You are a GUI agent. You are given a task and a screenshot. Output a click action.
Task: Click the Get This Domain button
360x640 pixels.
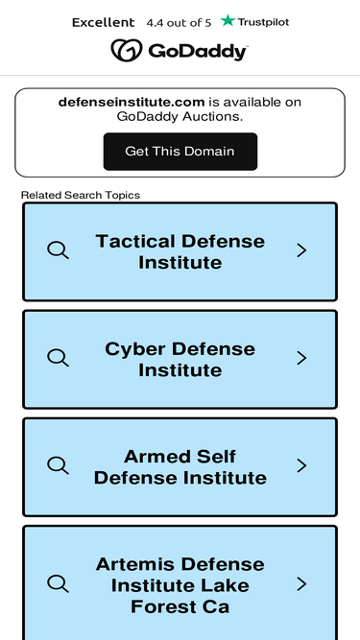pos(180,152)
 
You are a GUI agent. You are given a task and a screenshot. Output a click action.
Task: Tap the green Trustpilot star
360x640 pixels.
pos(228,20)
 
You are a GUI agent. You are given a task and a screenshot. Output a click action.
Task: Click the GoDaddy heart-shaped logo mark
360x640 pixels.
pos(127,50)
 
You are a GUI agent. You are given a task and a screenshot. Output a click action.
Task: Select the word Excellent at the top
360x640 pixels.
pos(104,22)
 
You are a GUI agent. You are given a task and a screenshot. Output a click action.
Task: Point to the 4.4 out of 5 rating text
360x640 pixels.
pos(179,23)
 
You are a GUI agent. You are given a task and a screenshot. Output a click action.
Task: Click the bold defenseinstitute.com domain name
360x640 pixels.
pos(132,102)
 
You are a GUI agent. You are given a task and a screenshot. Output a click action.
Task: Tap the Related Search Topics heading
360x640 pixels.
pos(81,195)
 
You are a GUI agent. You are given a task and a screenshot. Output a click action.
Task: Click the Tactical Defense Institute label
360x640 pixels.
pos(180,251)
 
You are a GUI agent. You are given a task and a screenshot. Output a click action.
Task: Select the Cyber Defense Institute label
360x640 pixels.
pos(180,359)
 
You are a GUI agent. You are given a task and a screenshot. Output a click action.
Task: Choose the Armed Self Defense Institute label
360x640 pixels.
pos(180,467)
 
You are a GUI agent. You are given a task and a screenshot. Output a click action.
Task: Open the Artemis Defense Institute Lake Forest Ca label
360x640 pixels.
pos(180,585)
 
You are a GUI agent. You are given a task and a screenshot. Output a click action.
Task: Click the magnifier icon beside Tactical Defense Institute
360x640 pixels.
pos(58,249)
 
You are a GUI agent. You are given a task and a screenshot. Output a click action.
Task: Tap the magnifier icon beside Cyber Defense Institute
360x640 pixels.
pos(58,358)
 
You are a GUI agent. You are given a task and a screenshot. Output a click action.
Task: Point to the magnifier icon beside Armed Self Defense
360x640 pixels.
pos(58,465)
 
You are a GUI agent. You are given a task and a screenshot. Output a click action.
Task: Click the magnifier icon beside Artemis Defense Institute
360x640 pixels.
pos(58,583)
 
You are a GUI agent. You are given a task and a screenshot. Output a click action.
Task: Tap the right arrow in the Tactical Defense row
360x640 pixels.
pos(301,250)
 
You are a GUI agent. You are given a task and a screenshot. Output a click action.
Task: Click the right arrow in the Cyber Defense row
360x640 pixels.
pos(301,358)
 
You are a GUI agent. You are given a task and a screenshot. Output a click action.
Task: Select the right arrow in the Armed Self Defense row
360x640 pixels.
pos(301,465)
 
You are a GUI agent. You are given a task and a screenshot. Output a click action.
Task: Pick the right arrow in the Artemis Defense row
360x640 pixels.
pos(301,584)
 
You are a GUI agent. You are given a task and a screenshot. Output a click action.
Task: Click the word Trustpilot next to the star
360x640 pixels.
pos(263,22)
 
